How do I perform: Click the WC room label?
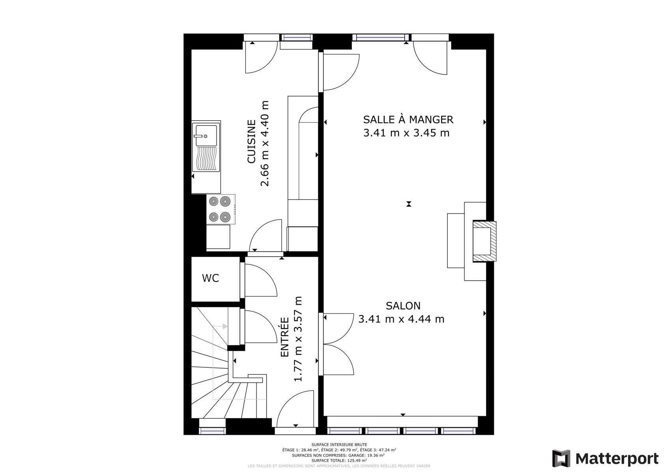[211, 278]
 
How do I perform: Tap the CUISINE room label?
[252, 142]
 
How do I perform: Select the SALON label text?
[403, 306]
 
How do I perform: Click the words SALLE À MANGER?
[408, 119]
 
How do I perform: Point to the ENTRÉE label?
[285, 337]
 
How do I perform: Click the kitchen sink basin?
[206, 136]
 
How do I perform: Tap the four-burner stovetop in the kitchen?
[221, 209]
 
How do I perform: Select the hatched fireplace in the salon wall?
[484, 242]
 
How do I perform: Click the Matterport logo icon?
[561, 458]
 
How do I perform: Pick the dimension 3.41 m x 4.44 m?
[402, 319]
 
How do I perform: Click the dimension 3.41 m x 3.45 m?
[406, 133]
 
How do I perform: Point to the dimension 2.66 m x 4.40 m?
[265, 143]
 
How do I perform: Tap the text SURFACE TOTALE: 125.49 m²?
[339, 460]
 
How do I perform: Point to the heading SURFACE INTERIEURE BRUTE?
[339, 445]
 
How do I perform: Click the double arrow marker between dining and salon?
[409, 204]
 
